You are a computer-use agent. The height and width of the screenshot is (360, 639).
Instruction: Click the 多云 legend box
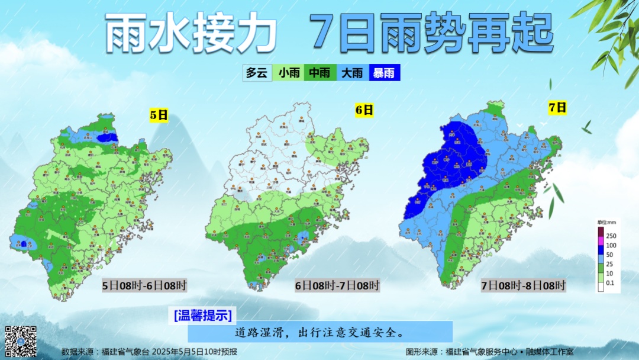(257, 73)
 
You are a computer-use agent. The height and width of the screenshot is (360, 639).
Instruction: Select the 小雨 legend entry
(289, 73)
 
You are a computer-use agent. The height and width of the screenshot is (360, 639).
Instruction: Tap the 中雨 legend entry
(320, 73)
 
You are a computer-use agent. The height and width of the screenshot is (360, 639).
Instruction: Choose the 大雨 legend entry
(352, 73)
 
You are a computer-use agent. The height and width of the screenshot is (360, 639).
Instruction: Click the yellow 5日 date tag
(159, 115)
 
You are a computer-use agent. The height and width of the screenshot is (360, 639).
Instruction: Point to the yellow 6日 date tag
(364, 110)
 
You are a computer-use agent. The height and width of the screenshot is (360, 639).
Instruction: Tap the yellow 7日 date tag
(557, 107)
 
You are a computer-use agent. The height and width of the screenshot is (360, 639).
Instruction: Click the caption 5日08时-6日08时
(144, 286)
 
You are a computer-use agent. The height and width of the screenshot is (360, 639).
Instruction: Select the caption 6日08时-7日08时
(337, 286)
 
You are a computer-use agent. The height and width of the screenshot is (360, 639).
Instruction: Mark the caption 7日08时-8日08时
(524, 286)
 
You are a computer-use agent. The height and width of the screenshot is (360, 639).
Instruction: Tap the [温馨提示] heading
(203, 314)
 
